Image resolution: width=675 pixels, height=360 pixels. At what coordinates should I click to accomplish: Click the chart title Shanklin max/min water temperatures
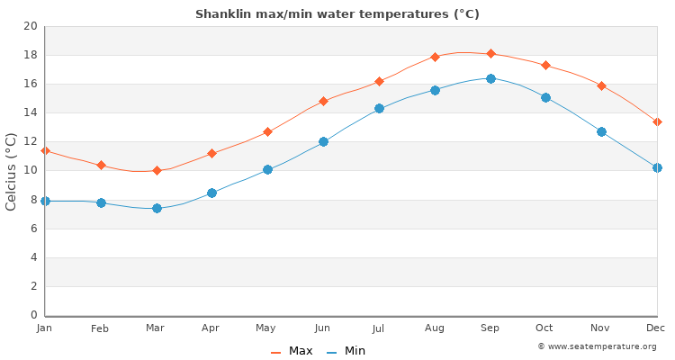(337, 14)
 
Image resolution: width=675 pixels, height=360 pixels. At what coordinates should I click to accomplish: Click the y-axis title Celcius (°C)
(12, 171)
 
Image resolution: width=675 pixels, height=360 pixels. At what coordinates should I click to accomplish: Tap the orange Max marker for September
(490, 53)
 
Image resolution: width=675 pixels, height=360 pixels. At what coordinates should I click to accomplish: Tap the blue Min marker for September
(490, 78)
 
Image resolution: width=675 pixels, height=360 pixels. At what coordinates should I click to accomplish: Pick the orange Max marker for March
(157, 170)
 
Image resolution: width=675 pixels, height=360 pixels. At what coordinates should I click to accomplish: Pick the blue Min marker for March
(157, 208)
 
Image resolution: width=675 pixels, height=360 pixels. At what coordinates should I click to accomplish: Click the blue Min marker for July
(379, 108)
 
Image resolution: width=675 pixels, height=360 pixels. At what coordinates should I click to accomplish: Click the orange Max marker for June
(323, 101)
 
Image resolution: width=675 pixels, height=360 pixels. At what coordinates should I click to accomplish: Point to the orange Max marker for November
(601, 85)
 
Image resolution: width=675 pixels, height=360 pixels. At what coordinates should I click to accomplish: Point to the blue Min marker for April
(211, 193)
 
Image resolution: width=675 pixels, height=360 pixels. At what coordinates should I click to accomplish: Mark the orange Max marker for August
(435, 57)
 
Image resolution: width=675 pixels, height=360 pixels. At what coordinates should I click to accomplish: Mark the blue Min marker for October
(545, 97)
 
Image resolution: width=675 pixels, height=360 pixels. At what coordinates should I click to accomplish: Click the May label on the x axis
(267, 328)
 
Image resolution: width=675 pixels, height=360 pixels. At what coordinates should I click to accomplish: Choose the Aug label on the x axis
(435, 328)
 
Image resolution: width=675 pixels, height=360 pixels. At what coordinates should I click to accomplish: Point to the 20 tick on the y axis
(31, 26)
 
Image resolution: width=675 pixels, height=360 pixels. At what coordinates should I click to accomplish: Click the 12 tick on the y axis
(31, 142)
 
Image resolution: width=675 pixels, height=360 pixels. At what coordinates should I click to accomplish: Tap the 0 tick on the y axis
(34, 315)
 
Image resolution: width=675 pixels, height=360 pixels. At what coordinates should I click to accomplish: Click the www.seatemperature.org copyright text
(597, 346)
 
